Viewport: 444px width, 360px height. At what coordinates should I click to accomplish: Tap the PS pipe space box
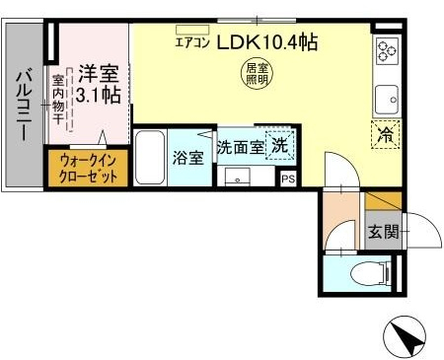288,179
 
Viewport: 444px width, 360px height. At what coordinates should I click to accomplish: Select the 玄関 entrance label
383,232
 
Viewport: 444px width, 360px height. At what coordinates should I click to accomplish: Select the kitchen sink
386,100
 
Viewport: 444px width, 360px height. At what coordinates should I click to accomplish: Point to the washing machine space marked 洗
280,144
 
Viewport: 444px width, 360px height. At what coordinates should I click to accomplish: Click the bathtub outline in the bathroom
149,157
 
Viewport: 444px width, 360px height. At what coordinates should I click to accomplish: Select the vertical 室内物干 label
59,100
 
